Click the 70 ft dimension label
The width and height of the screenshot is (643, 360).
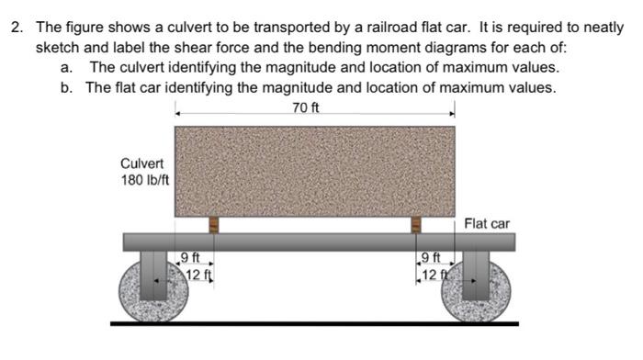[x=306, y=108]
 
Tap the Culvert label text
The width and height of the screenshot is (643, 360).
[x=141, y=163]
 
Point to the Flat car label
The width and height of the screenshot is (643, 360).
[x=487, y=223]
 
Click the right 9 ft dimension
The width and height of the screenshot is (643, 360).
[x=430, y=257]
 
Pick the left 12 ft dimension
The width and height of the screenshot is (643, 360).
[x=199, y=274]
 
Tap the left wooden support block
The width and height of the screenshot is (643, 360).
[x=213, y=224]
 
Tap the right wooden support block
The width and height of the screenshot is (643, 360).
[x=415, y=224]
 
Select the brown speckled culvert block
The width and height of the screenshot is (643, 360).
[x=315, y=170]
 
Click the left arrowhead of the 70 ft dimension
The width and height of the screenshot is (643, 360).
[x=178, y=114]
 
